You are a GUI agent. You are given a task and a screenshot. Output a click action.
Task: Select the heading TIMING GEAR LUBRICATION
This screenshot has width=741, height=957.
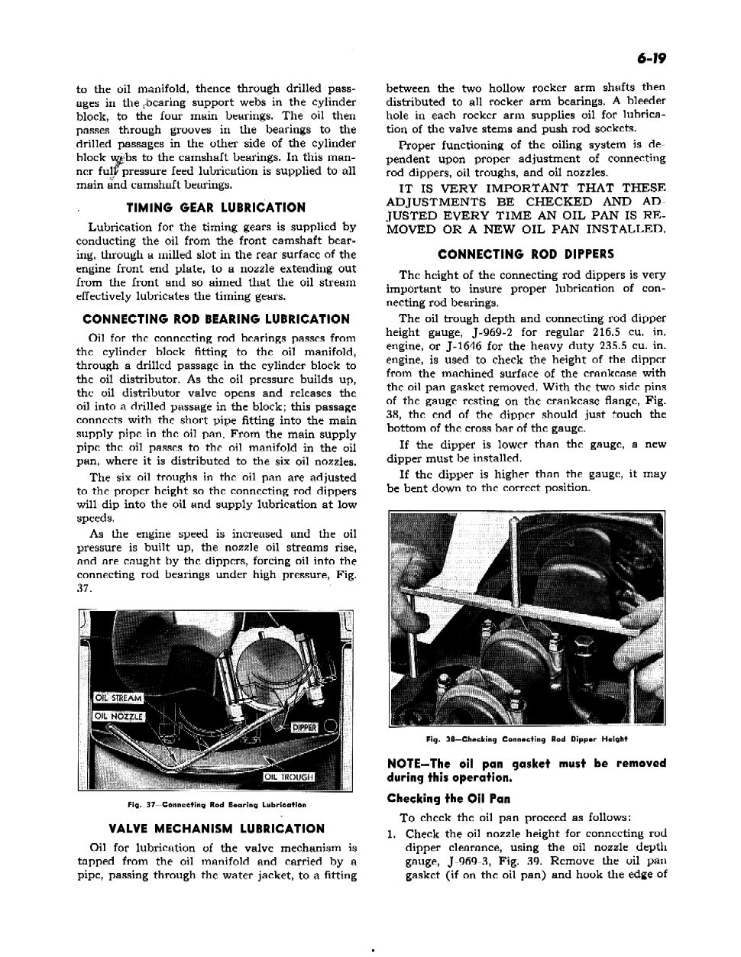point(216,207)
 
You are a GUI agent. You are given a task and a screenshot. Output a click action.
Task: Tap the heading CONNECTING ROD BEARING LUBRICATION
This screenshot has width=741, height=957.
point(216,319)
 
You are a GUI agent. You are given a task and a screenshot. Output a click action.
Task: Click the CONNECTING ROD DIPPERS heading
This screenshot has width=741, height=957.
point(526,254)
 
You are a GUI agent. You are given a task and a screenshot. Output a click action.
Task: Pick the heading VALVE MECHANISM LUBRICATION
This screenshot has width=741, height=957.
point(216,828)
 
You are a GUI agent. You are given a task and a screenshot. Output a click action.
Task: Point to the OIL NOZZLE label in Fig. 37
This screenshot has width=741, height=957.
point(118,716)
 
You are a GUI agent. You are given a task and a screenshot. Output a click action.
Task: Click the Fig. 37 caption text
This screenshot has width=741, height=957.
point(216,805)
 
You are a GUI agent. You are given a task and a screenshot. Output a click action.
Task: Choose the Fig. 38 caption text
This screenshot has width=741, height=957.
point(526,739)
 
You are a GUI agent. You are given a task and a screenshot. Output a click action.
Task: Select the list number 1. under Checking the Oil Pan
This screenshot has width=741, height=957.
point(392,833)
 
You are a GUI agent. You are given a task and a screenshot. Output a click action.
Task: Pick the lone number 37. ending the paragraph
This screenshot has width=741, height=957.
point(85,589)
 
